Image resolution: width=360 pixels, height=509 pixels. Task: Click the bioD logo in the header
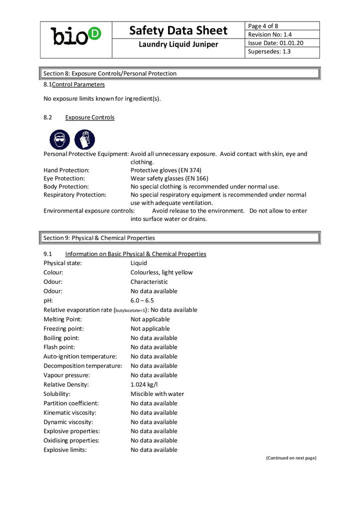point(75,35)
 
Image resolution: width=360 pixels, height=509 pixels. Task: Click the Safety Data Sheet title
point(178,30)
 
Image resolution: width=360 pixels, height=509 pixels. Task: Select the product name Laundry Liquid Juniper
point(178,45)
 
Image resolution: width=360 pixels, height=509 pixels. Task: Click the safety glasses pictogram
point(60,139)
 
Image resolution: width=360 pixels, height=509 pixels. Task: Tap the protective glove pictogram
point(85,139)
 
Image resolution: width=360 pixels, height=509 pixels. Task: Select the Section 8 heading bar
point(179,73)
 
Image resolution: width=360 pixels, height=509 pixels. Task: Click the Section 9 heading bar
point(179,238)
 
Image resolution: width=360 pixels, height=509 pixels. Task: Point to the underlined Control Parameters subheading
point(78,84)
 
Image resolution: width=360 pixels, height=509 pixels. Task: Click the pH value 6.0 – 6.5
point(142,300)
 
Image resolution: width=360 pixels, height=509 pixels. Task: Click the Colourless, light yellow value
point(161,272)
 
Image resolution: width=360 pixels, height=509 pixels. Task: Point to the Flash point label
point(59,347)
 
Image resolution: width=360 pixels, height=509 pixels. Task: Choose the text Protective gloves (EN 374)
point(165,170)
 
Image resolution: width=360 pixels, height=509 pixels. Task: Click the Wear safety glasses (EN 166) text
point(169,178)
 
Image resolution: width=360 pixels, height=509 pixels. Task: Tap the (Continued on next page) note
point(290,458)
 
